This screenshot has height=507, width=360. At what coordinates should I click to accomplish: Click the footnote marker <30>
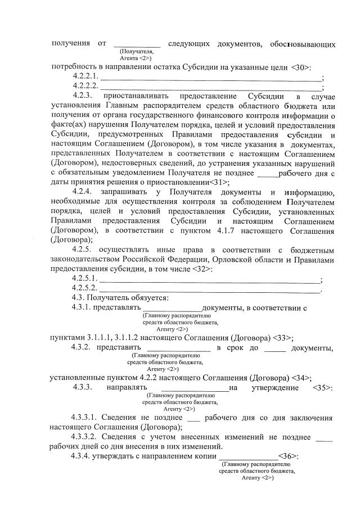(x=300, y=67)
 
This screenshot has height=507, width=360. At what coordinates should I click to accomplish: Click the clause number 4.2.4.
(x=83, y=192)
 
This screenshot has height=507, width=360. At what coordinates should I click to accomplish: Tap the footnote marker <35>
(x=323, y=388)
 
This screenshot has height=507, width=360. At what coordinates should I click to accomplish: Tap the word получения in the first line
(x=70, y=44)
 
